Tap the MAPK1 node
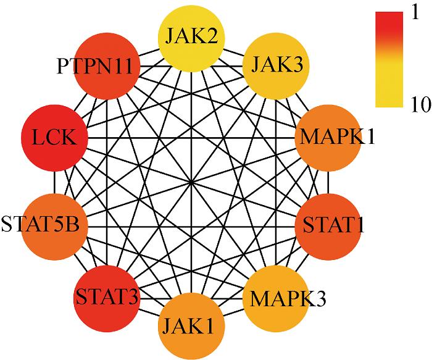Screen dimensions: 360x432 [x=329, y=137]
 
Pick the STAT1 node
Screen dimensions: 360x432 [x=329, y=226]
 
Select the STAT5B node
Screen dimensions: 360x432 [x=54, y=226]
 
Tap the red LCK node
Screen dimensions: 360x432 [x=54, y=137]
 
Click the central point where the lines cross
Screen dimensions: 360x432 [x=192, y=182]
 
